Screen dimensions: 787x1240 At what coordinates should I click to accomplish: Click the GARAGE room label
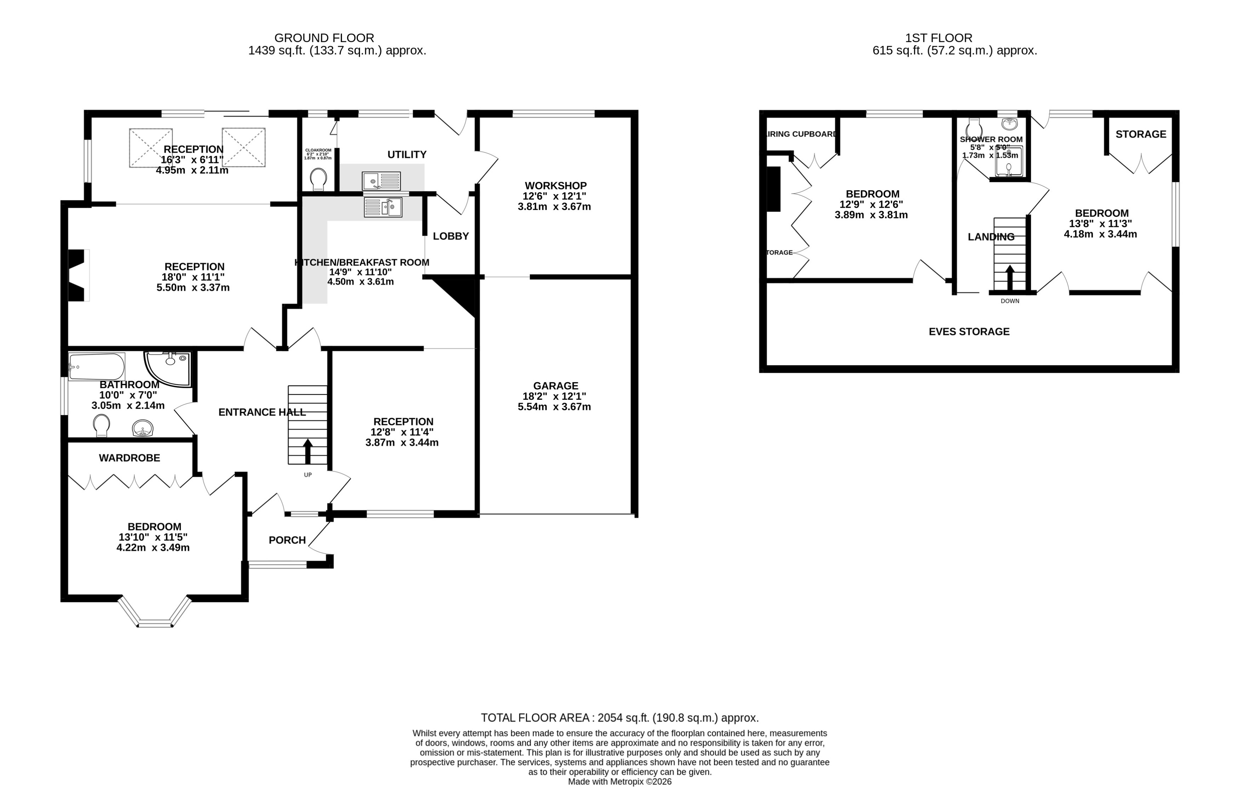tap(555, 385)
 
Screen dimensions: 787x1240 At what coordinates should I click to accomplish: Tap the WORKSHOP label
tap(555, 185)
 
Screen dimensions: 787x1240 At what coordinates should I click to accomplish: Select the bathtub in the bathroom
tap(96, 367)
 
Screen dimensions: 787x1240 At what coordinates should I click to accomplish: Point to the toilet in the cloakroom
tap(319, 180)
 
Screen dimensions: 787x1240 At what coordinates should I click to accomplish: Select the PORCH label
tap(287, 540)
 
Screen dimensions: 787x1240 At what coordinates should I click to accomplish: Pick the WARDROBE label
tap(129, 458)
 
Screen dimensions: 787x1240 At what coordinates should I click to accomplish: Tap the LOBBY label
tap(451, 236)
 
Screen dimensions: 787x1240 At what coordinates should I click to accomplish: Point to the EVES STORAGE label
tap(969, 332)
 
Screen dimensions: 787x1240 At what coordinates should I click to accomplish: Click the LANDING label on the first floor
tap(991, 237)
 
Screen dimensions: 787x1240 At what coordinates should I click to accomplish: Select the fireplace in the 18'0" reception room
tap(77, 275)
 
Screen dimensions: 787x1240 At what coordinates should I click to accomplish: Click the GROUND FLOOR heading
tap(324, 38)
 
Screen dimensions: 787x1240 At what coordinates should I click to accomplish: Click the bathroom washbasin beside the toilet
tap(143, 428)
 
